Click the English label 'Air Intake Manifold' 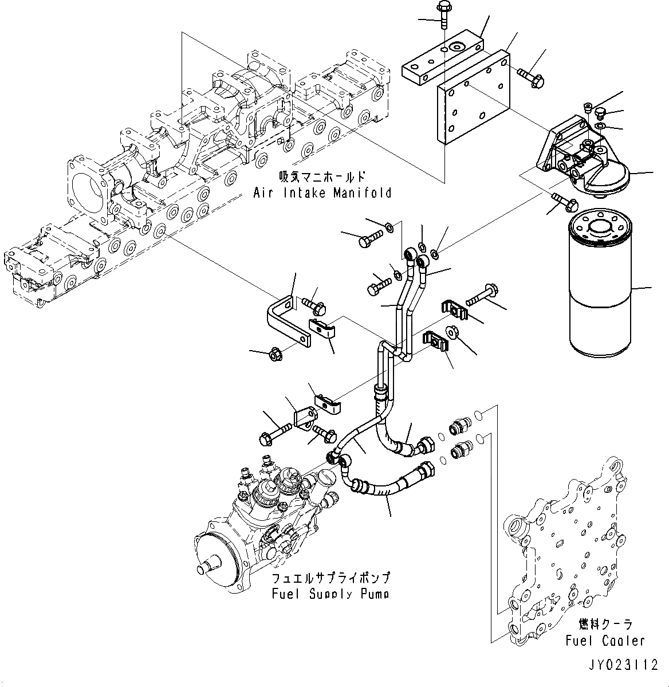(x=322, y=193)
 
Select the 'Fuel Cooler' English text (x=605, y=641)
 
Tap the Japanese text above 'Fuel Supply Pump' (x=331, y=578)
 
